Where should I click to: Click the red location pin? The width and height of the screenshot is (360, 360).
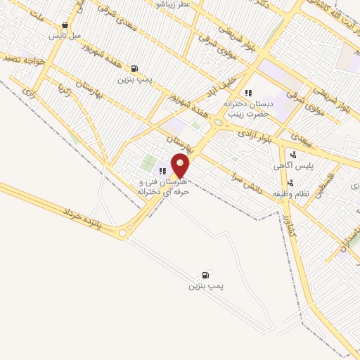[181, 165]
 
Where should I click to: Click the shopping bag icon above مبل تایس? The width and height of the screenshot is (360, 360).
[65, 25]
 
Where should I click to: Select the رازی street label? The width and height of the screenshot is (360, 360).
[29, 92]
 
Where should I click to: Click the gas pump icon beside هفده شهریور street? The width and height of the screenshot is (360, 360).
[134, 69]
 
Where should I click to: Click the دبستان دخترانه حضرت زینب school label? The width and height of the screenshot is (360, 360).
[247, 108]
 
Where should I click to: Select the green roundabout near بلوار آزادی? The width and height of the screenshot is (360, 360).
[218, 122]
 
